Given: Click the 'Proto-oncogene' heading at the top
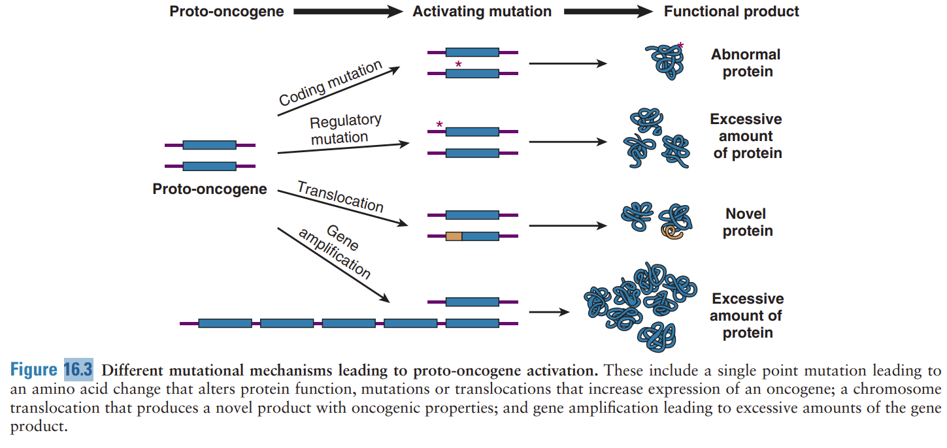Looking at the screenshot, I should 226,11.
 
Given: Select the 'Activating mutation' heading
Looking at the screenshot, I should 482,11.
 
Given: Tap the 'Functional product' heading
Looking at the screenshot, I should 731,11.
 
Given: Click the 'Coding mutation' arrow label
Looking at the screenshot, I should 331,84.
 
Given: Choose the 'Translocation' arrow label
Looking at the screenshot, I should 340,197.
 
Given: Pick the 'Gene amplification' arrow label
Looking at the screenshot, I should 334,252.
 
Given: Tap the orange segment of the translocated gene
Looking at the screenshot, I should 454,236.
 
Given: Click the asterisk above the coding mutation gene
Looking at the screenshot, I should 458,64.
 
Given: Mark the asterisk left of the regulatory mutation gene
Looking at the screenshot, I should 439,124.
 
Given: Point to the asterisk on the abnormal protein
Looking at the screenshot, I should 680,46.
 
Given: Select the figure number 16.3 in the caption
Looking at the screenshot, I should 78,370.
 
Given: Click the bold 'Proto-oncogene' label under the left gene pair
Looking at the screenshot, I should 210,189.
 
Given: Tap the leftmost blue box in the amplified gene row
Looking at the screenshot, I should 225,323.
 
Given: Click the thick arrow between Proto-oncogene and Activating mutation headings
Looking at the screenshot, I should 348,11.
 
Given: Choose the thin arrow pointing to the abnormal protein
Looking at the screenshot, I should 567,64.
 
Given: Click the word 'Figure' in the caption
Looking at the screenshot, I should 34,370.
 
